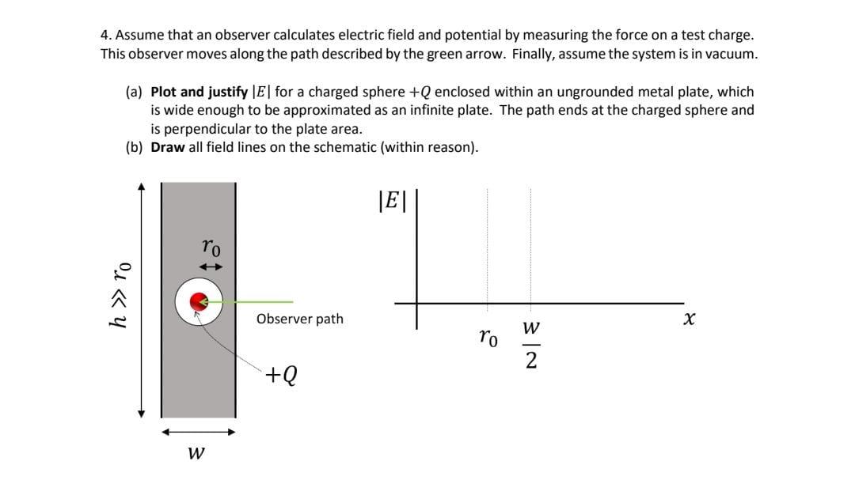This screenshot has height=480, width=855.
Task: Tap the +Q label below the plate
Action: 282,373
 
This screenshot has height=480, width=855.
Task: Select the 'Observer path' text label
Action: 299,319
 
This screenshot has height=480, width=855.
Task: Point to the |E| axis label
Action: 391,202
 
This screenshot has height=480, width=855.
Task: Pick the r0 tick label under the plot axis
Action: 488,338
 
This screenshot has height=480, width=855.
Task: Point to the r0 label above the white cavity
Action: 210,248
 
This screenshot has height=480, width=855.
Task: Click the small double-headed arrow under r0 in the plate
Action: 210,266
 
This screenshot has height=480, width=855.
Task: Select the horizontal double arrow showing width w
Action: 198,432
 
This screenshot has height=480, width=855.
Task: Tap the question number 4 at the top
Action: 104,36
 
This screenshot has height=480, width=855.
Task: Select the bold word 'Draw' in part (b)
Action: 167,147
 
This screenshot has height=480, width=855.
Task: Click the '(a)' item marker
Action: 134,93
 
